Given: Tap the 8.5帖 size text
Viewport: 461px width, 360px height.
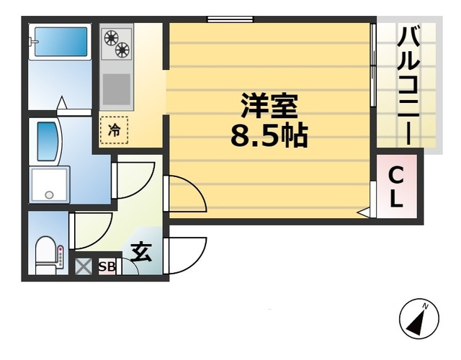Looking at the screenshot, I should coord(269,135).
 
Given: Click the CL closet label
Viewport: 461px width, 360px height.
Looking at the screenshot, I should coord(396,186).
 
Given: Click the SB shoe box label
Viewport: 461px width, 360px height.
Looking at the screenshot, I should coord(107,266).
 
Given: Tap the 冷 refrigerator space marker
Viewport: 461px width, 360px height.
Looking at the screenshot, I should coord(115,130).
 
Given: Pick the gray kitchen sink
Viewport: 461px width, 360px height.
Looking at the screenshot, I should coord(115,89).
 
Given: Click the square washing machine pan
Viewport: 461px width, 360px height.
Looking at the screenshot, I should coord(49,184).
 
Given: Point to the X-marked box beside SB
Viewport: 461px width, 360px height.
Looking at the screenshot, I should coord(84,266).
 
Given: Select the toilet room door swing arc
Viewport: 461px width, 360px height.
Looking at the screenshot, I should coord(93,229).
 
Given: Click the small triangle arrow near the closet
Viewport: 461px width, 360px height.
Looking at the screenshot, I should coord(364,212).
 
